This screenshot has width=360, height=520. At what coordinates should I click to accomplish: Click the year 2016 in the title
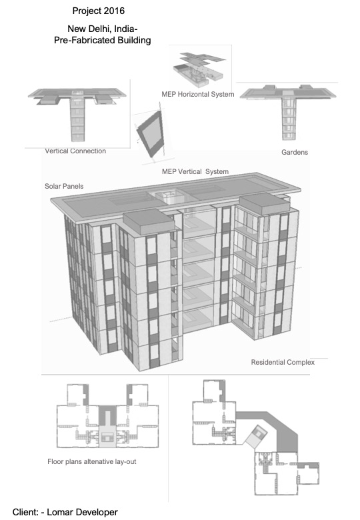point(114,11)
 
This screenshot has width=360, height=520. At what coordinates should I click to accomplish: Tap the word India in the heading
point(124,29)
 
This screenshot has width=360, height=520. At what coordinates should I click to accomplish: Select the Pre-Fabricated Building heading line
point(103,41)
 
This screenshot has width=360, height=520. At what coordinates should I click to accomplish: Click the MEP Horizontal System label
point(198,94)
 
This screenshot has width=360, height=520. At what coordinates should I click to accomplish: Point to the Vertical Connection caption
point(75,151)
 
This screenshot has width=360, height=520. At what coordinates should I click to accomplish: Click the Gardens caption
point(295,152)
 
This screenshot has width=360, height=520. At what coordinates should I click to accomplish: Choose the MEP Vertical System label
point(195,171)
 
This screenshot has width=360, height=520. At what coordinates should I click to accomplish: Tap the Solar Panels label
point(64,186)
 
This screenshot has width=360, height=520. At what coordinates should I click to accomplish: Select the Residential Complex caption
point(283,362)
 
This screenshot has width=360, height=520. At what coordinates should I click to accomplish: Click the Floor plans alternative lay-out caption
point(92,461)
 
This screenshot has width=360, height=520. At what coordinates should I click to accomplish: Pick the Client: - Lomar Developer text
point(65,512)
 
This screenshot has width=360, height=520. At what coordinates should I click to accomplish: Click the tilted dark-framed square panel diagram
point(151,133)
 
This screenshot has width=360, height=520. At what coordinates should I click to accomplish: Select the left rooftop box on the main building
point(149,221)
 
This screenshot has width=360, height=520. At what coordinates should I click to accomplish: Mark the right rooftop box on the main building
point(264,204)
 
